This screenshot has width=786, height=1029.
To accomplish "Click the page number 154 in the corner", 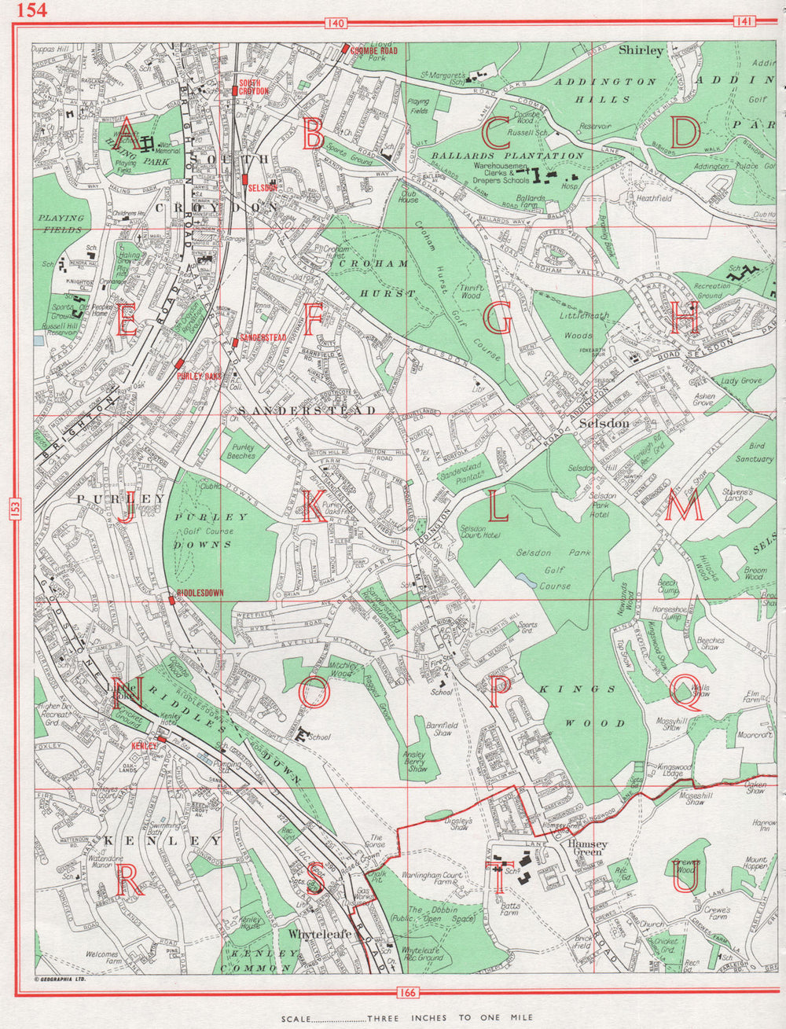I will (31, 9).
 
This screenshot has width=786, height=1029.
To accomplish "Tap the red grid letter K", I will (314, 506).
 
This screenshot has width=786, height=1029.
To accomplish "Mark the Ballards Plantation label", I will (508, 156).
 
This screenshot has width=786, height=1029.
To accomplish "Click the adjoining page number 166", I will (407, 992).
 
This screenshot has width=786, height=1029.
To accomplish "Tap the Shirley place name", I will (641, 50).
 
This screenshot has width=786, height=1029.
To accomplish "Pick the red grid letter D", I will (685, 132).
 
